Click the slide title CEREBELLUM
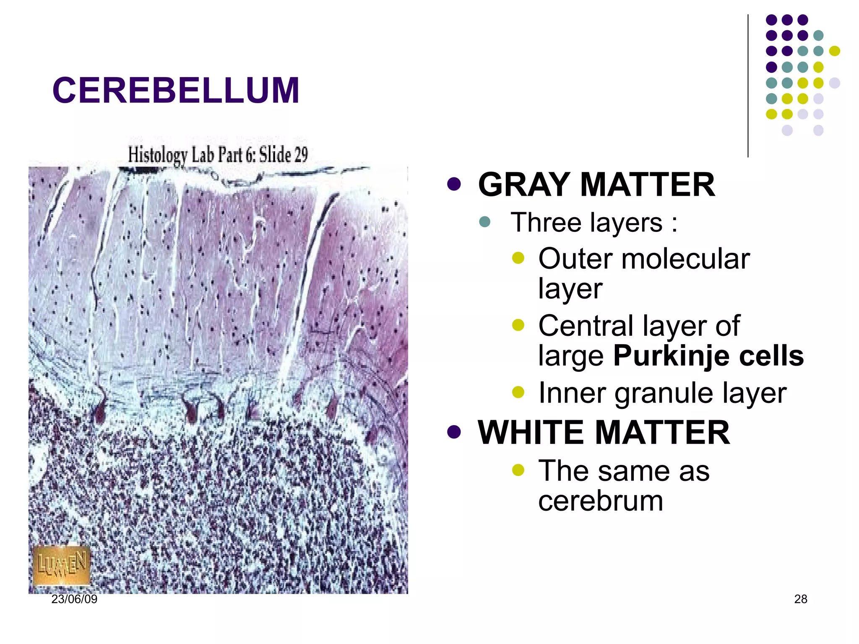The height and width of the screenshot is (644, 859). pos(176,91)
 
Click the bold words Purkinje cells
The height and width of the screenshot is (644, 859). pos(708,356)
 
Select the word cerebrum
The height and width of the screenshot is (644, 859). pos(600,501)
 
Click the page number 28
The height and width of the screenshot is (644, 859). pos(800,599)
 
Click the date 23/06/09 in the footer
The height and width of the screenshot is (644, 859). pos(74,599)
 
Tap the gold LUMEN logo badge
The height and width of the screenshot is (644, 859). pos(62,565)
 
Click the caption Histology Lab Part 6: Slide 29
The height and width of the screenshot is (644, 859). pos(218,155)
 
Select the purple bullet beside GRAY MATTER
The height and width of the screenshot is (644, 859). pos(454,184)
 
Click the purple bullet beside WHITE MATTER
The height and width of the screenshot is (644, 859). pos(454,432)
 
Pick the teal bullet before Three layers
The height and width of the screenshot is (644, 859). pos(484,221)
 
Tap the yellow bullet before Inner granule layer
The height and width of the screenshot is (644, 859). pos(518,392)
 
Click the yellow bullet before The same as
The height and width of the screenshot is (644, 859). pos(518,470)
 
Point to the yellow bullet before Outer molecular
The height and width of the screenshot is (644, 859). pos(518,257)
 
